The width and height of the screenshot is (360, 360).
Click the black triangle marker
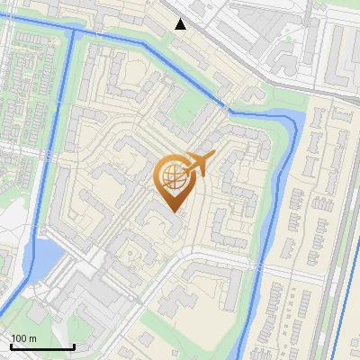click(181, 23)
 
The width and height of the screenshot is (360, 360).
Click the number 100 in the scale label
click(19, 337)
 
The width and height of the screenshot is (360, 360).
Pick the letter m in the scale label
click(32, 337)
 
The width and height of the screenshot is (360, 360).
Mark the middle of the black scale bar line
click(42, 347)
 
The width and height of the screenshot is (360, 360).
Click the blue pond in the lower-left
click(44, 257)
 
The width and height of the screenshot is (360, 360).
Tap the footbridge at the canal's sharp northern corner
click(225, 107)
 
